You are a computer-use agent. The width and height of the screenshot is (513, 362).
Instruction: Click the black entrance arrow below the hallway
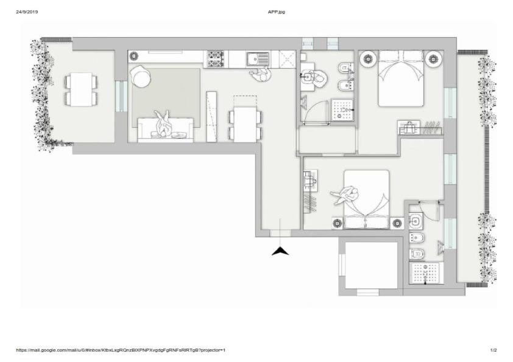click(280, 251)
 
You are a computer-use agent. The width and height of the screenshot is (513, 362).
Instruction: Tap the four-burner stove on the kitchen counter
click(216, 59)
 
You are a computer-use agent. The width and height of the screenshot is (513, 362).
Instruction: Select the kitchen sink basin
click(252, 59)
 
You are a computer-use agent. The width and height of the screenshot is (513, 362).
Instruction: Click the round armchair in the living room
click(141, 77)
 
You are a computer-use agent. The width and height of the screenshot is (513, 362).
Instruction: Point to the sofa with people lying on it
click(166, 130)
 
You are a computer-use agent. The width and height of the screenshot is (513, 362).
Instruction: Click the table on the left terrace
click(81, 89)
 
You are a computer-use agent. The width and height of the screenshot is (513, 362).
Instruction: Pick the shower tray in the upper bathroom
click(342, 110)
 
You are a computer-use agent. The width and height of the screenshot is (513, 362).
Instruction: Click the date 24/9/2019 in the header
click(27, 12)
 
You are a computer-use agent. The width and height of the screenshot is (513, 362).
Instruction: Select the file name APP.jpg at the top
click(277, 12)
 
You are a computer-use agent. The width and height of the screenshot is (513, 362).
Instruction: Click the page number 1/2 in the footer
click(494, 350)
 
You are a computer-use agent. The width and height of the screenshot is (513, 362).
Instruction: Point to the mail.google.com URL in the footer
click(121, 350)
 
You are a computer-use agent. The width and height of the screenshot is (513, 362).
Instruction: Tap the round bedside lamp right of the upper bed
click(433, 59)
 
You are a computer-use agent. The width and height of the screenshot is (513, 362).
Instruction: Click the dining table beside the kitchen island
click(245, 124)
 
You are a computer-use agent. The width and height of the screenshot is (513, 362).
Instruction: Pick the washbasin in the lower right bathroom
click(416, 220)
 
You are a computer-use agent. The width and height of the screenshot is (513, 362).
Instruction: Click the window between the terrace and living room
click(121, 96)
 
